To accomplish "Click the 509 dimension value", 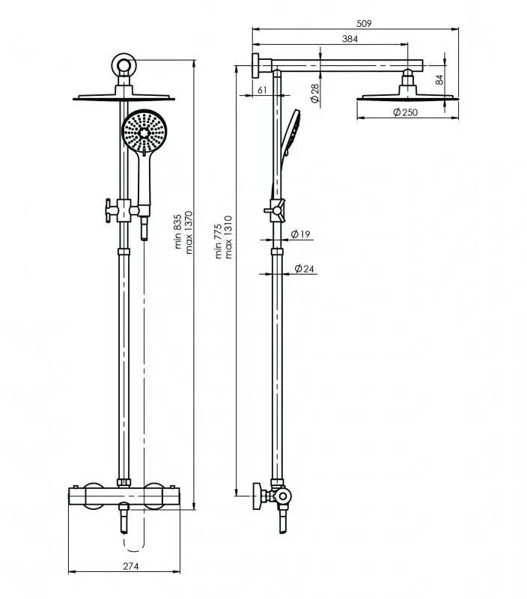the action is pyautogui.click(x=364, y=23).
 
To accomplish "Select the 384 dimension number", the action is pyautogui.click(x=350, y=39).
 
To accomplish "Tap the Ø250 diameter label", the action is pyautogui.click(x=406, y=112).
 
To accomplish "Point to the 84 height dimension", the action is pyautogui.click(x=439, y=79).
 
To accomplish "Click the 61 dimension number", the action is pyautogui.click(x=262, y=90).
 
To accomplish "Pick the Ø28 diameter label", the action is pyautogui.click(x=315, y=94).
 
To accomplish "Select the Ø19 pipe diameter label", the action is pyautogui.click(x=300, y=234).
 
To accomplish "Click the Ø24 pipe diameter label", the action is pyautogui.click(x=305, y=269).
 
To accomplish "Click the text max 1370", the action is pyautogui.click(x=189, y=232).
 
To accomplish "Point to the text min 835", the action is pyautogui.click(x=178, y=231).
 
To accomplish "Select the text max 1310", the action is pyautogui.click(x=229, y=237).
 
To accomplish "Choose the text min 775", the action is pyautogui.click(x=219, y=241).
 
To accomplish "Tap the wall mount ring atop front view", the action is pyautogui.click(x=124, y=64).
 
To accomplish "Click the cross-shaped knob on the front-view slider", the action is pyautogui.click(x=109, y=210).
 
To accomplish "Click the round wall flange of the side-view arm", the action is pyautogui.click(x=255, y=66).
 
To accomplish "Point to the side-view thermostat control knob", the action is pyautogui.click(x=258, y=496).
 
